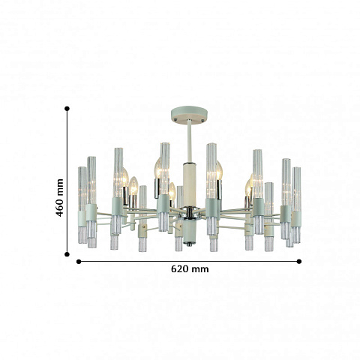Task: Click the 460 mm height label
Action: [59, 198]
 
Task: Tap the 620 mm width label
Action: [190, 269]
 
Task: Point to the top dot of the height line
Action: [67, 109]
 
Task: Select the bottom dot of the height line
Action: [67, 254]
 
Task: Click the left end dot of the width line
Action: [79, 262]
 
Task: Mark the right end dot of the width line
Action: [299, 262]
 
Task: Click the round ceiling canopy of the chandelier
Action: [189, 114]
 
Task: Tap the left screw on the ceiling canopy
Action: [176, 119]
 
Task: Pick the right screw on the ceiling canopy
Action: [202, 121]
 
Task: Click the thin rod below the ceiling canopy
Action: [190, 141]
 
